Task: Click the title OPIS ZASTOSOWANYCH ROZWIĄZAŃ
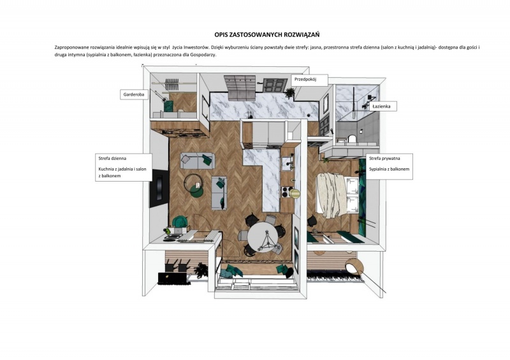pos(267,34)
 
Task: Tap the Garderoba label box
pos(134,95)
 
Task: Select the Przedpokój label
pos(309,80)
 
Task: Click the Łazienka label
pos(383,106)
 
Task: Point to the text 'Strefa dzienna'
pos(112,159)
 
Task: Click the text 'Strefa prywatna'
pos(384,159)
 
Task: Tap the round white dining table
pos(263,237)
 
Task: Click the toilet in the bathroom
pos(352,139)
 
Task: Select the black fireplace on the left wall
pos(159,189)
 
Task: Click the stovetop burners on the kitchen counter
pos(286,192)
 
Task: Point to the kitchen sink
pos(288,163)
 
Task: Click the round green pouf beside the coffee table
pos(197,191)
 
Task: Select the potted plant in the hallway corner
pos(289,92)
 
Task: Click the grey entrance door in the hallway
pos(274,85)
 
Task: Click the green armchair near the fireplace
pos(179,222)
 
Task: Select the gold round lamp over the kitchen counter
pos(296,194)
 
